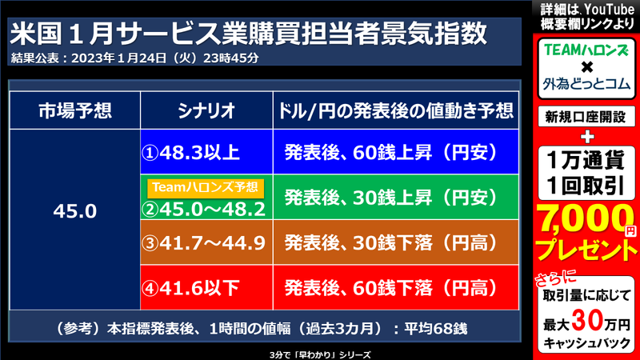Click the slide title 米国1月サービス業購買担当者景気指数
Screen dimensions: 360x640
pos(248,34)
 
